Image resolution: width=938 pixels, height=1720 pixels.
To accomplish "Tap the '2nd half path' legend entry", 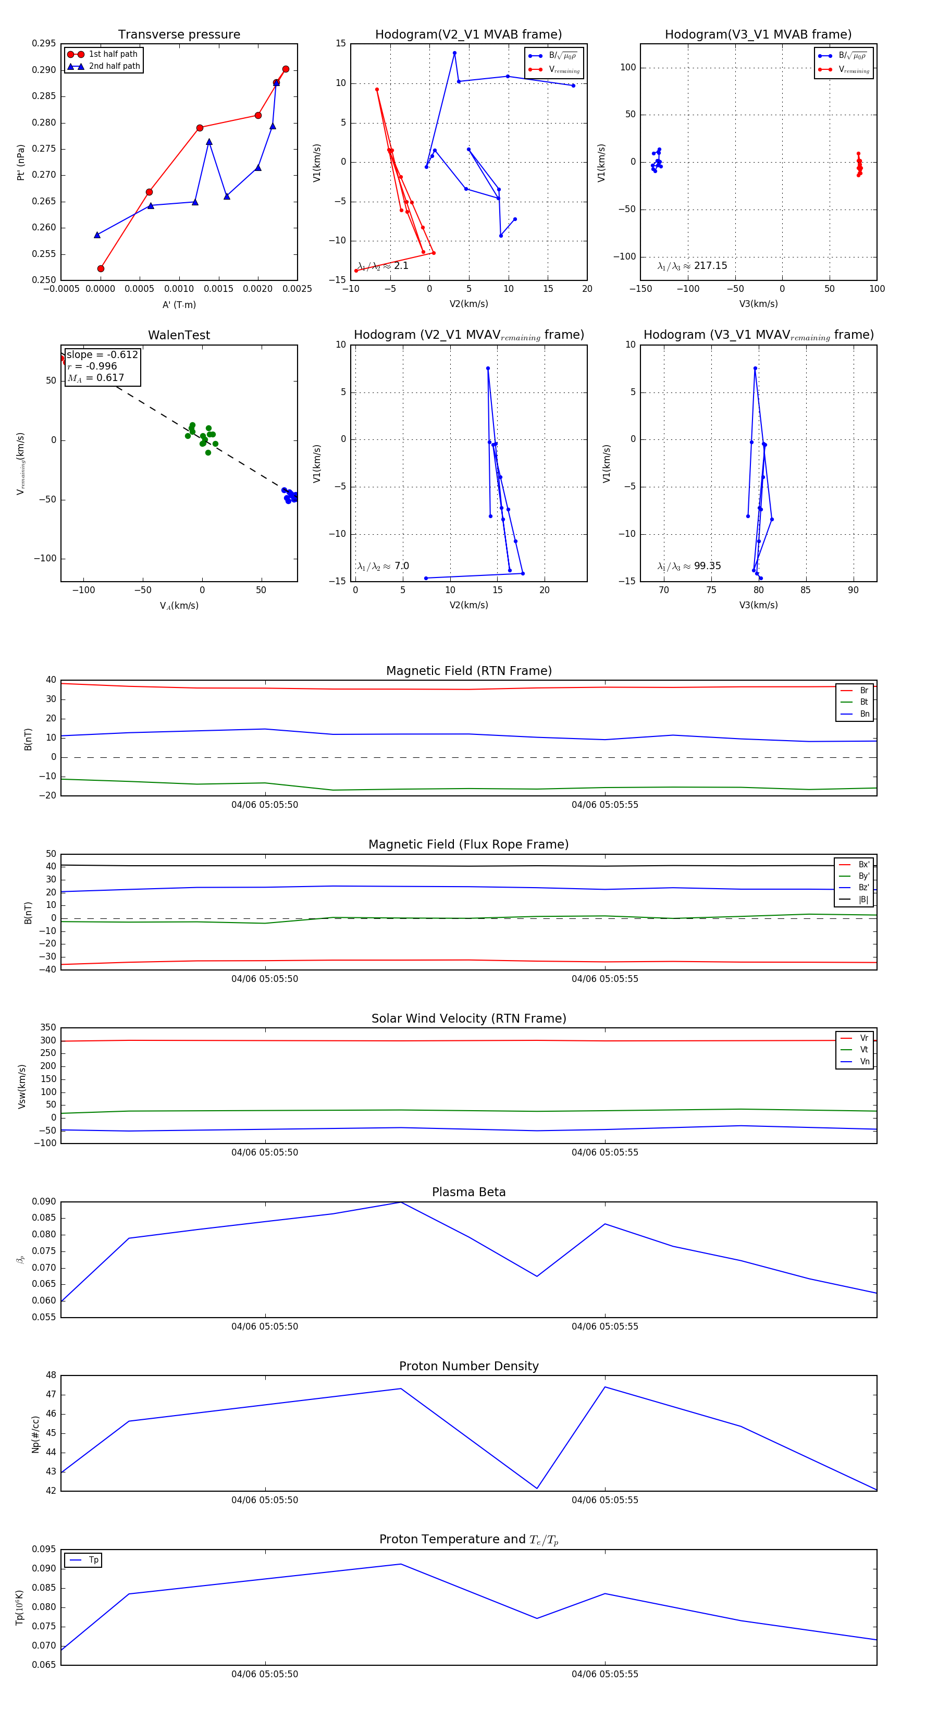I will coord(114,66).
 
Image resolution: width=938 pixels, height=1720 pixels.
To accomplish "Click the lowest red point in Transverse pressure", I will coord(101,269).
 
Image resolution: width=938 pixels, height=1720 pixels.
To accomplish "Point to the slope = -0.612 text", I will coord(102,354).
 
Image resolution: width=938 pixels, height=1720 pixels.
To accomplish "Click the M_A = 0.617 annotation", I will coord(95,378).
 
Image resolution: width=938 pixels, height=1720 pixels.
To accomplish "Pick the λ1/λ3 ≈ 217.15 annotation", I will coord(693,266).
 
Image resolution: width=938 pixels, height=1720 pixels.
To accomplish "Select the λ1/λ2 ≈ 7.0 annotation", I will coord(383,566).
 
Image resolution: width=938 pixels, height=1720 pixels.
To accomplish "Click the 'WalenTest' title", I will coord(179,335).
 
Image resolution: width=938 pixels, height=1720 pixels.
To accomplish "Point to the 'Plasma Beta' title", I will coord(468,1192).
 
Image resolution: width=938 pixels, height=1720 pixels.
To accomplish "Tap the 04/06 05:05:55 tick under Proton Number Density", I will coord(605,1500).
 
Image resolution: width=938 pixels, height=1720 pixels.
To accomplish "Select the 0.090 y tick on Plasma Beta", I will coord(44,1201).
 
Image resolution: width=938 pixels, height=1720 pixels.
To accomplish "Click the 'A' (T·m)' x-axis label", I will coord(179,304).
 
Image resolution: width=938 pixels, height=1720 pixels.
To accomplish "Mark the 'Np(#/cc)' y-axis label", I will coord(36,1434).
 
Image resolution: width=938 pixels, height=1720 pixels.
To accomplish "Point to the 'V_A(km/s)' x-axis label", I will coord(179,606).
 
